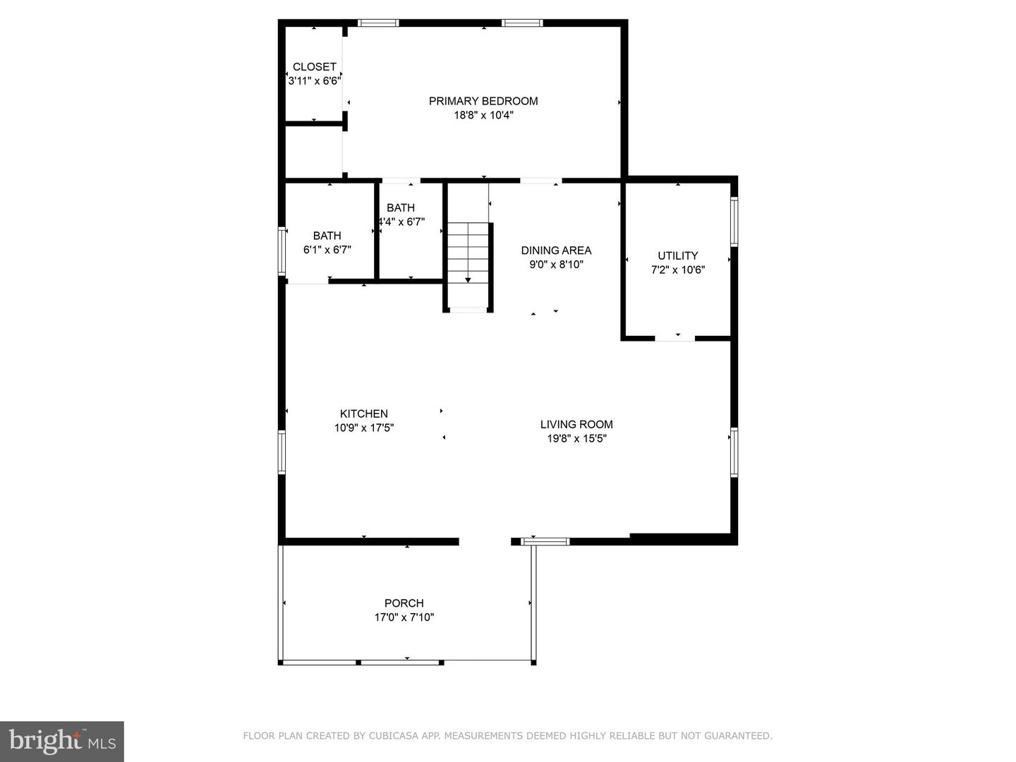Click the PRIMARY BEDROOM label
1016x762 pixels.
[483, 101]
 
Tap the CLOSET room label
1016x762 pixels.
[314, 67]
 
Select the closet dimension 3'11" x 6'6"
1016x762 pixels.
[314, 81]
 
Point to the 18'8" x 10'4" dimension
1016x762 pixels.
[483, 115]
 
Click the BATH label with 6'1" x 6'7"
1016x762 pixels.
[327, 236]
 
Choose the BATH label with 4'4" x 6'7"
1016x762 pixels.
[401, 207]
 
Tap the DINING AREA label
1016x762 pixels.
[556, 250]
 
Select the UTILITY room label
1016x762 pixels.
[677, 255]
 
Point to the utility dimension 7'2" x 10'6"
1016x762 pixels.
[677, 270]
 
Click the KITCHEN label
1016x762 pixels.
[363, 413]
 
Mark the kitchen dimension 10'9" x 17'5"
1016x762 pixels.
[363, 428]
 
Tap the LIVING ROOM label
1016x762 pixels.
[576, 424]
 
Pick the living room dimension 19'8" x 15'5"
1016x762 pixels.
[576, 438]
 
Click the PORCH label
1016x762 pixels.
[404, 603]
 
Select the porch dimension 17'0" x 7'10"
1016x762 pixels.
[404, 617]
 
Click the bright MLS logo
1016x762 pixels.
[62, 741]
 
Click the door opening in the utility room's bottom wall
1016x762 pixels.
[675, 339]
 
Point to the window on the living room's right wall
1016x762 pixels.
[734, 453]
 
